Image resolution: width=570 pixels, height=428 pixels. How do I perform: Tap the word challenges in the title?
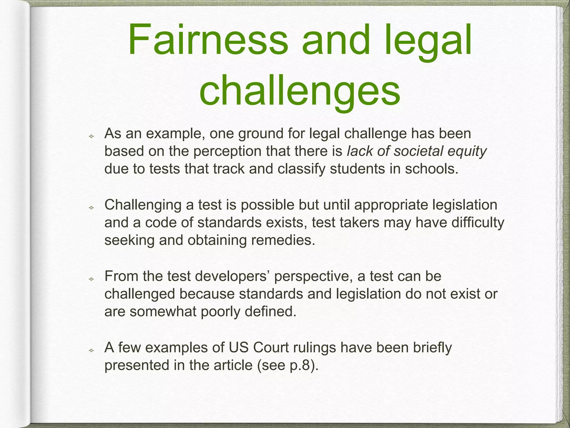[x=300, y=91]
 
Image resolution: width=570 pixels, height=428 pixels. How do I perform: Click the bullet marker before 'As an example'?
[x=91, y=136]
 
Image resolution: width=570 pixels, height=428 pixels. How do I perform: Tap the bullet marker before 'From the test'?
[x=91, y=279]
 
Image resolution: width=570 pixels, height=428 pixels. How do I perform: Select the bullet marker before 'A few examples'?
[x=91, y=350]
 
